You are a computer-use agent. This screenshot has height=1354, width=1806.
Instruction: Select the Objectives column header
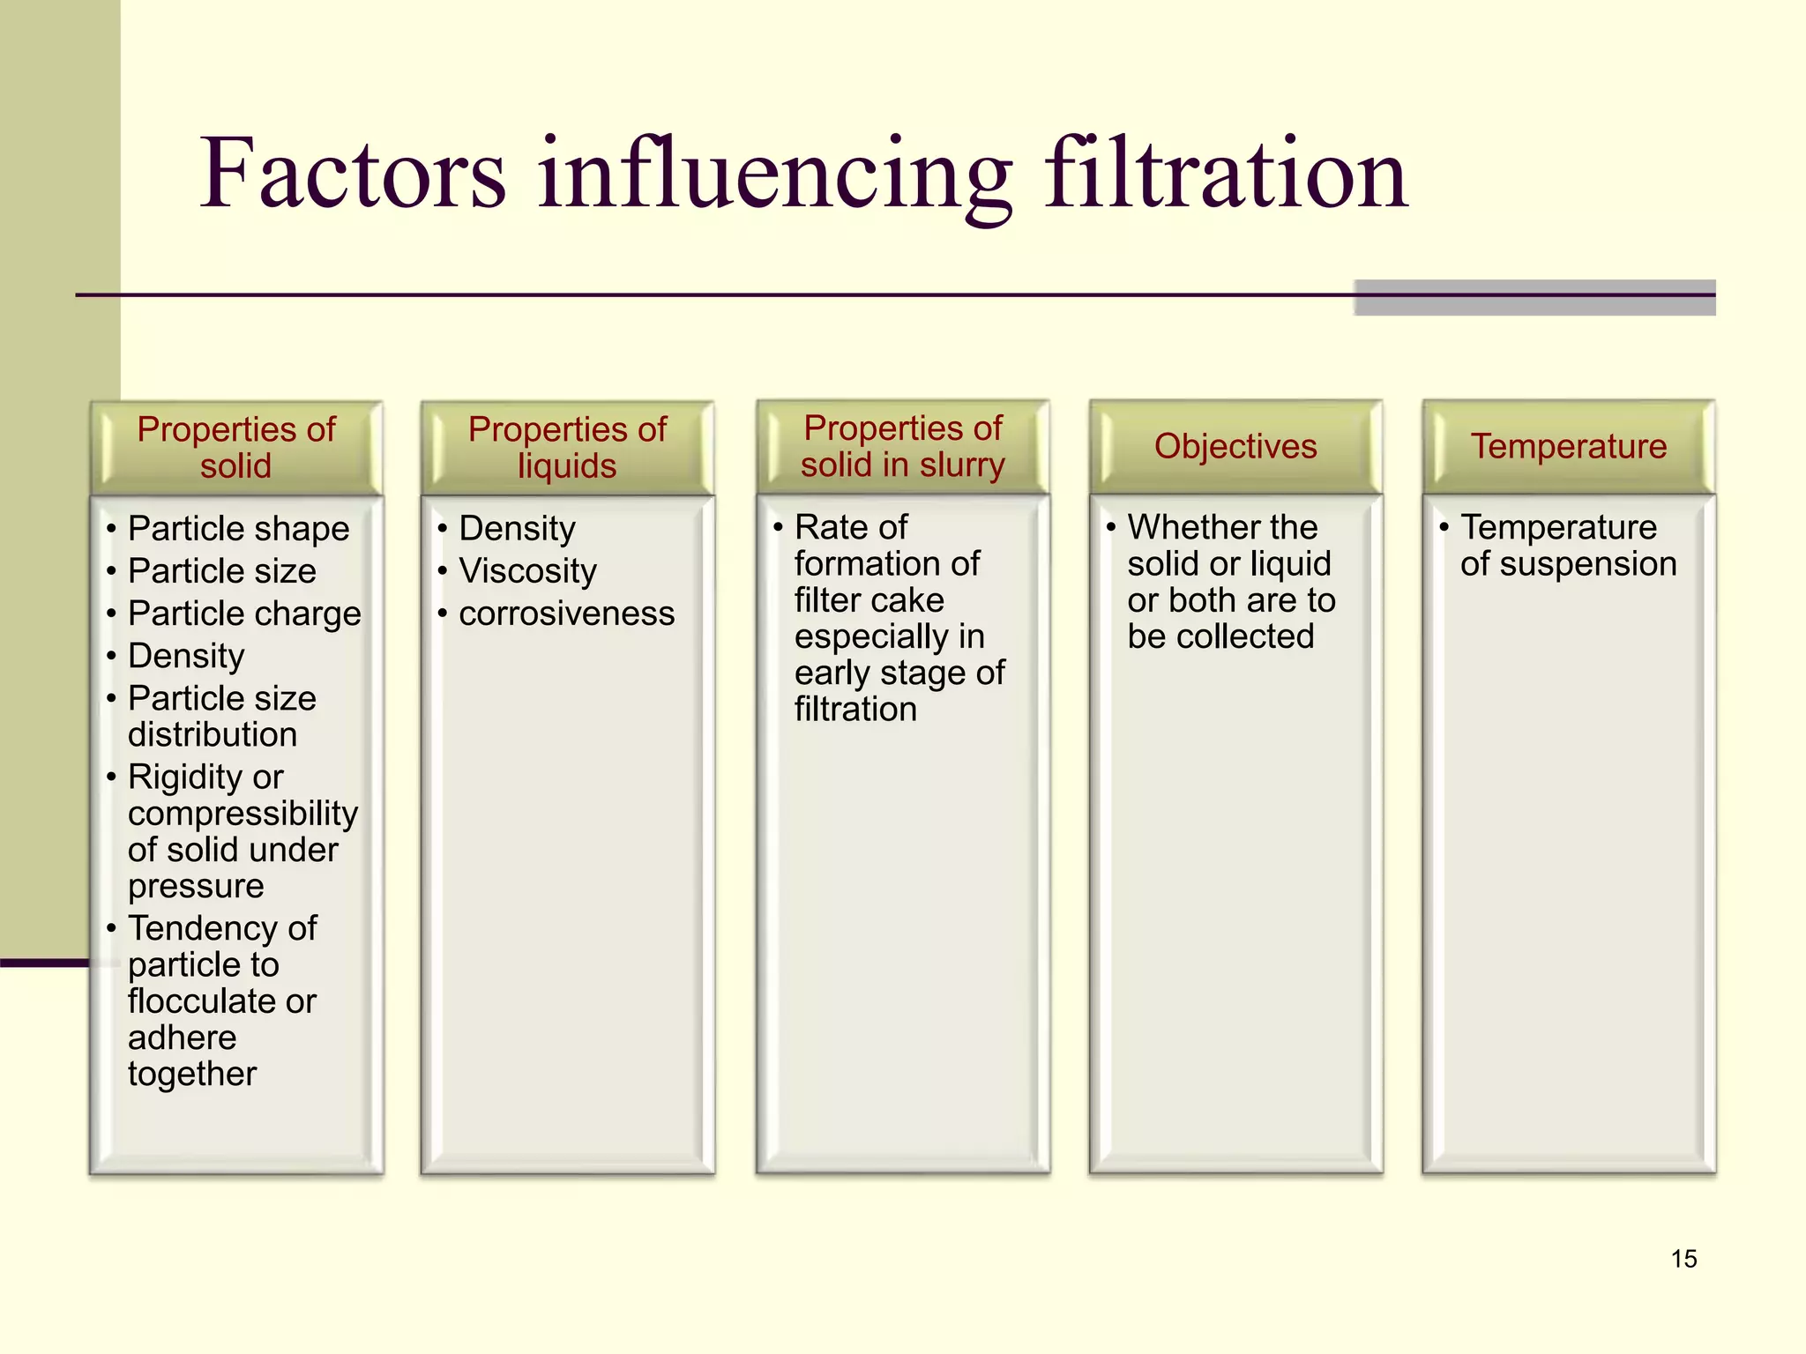pyautogui.click(x=1235, y=446)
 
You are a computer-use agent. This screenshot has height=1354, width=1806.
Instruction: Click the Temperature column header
pyautogui.click(x=1568, y=446)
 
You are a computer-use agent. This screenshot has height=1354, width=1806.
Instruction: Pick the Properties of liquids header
pyautogui.click(x=567, y=447)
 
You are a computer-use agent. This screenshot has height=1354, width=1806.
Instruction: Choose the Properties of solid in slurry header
pyautogui.click(x=902, y=446)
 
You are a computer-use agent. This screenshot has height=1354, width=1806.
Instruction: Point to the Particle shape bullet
pyautogui.click(x=238, y=529)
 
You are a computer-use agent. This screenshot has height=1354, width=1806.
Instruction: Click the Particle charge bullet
pyautogui.click(x=244, y=614)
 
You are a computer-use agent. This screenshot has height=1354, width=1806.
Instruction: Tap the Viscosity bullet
pyautogui.click(x=527, y=571)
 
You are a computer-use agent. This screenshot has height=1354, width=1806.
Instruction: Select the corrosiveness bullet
pyautogui.click(x=566, y=614)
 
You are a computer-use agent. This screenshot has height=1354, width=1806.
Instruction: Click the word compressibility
pyautogui.click(x=243, y=814)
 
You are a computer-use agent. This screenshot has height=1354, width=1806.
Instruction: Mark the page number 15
pyautogui.click(x=1683, y=1259)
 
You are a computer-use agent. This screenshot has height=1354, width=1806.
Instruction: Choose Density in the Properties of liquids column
pyautogui.click(x=517, y=529)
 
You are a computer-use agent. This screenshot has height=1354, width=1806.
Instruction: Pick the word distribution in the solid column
pyautogui.click(x=212, y=734)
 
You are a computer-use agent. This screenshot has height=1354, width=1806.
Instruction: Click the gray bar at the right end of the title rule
pyautogui.click(x=1534, y=298)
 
